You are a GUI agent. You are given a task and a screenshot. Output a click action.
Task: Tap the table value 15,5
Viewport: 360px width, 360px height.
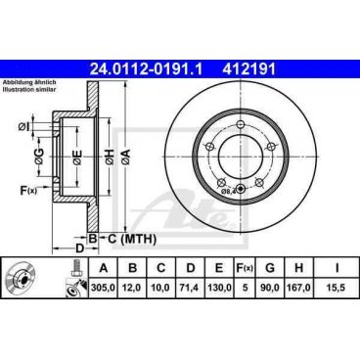click(337, 291)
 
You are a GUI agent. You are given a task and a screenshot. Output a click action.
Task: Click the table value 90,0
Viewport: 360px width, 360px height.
click(271, 291)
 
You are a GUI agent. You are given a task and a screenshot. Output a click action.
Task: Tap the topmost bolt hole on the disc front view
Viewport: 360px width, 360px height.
click(241, 123)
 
